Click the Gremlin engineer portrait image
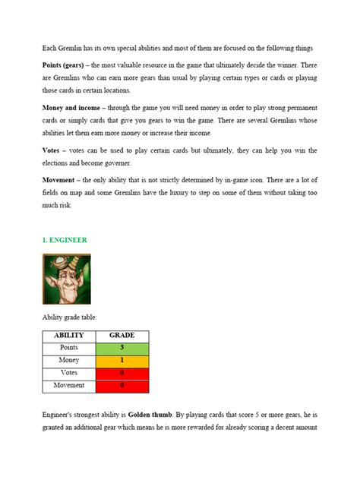coord(65,279)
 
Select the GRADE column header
coord(122,335)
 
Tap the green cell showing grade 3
coord(122,347)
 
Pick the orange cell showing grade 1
coord(122,360)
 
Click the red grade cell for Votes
coord(122,373)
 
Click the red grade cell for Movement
coord(122,385)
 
